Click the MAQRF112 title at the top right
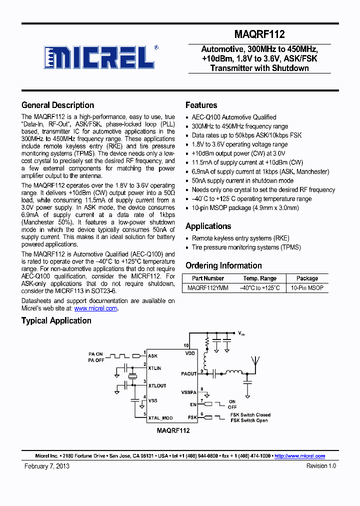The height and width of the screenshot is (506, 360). pos(259,34)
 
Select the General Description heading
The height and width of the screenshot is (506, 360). pos(57,105)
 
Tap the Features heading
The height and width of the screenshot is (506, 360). pos(201,105)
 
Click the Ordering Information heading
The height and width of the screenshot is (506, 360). pos(223,265)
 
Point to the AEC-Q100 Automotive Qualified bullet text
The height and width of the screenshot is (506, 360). pos(234,117)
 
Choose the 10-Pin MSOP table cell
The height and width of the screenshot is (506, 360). pos(307,288)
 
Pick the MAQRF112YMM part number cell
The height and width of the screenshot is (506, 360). pos(208,288)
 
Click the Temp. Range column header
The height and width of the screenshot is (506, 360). pos(259,278)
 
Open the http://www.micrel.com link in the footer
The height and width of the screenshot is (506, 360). pos(300,456)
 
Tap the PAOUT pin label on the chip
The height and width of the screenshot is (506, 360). pos(188,373)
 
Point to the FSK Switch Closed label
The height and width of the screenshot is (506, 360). pos(250,414)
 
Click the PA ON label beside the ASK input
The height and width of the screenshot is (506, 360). pos(95,354)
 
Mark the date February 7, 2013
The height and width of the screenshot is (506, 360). pos(47,466)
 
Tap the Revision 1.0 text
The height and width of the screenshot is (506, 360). pos(321,466)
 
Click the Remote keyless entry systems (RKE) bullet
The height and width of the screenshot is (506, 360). pos(240,238)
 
